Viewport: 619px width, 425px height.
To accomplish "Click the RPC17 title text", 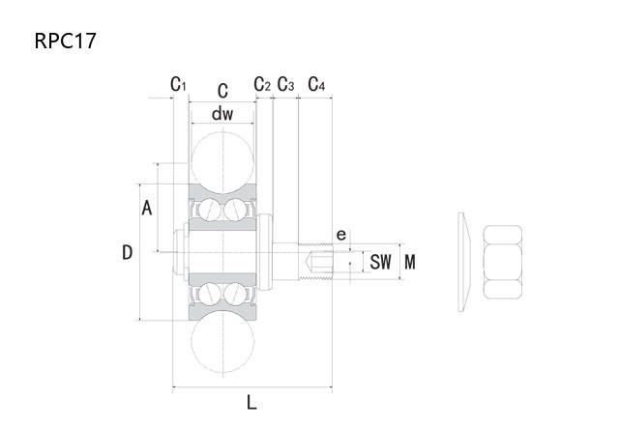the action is (x=66, y=41).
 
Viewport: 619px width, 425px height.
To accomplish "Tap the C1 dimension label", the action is (x=178, y=84).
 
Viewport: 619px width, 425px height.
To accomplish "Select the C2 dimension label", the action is (x=262, y=84).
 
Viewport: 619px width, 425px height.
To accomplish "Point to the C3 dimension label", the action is (x=286, y=84).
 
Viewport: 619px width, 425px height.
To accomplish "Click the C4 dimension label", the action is (x=316, y=84).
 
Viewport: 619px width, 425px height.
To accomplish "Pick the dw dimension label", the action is (x=222, y=114).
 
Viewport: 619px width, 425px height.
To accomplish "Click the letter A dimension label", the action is (x=147, y=208).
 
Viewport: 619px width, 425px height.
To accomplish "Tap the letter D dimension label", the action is (x=127, y=252).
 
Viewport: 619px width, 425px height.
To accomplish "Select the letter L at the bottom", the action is (x=251, y=403).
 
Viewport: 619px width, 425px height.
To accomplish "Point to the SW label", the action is (x=380, y=262).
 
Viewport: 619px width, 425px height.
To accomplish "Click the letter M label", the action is (x=410, y=262).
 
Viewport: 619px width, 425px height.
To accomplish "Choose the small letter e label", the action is (x=341, y=236).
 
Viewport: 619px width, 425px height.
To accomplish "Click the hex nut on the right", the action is (x=503, y=262).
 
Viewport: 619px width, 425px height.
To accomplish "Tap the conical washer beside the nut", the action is (x=464, y=262).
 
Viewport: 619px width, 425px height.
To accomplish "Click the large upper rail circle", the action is (x=222, y=163).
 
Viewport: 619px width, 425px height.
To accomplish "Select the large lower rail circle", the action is (x=222, y=342).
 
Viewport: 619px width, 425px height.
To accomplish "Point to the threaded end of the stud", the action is (x=315, y=262).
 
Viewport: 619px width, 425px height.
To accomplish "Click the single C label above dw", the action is (x=222, y=91).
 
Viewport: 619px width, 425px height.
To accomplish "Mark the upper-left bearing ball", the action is (x=209, y=210).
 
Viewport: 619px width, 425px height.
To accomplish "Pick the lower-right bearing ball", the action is (x=235, y=294).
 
